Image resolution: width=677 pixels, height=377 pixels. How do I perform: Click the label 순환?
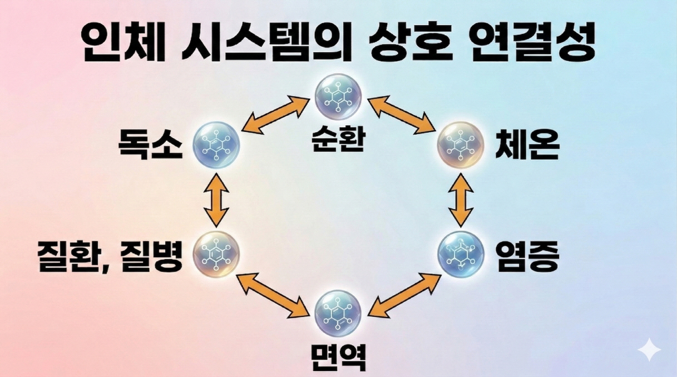[338, 139]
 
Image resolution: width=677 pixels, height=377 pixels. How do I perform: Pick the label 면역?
[338, 358]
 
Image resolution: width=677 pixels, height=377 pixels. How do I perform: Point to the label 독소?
[150, 146]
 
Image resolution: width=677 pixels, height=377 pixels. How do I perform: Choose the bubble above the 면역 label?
[338, 312]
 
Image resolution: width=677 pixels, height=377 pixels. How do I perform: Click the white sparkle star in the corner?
[649, 351]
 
